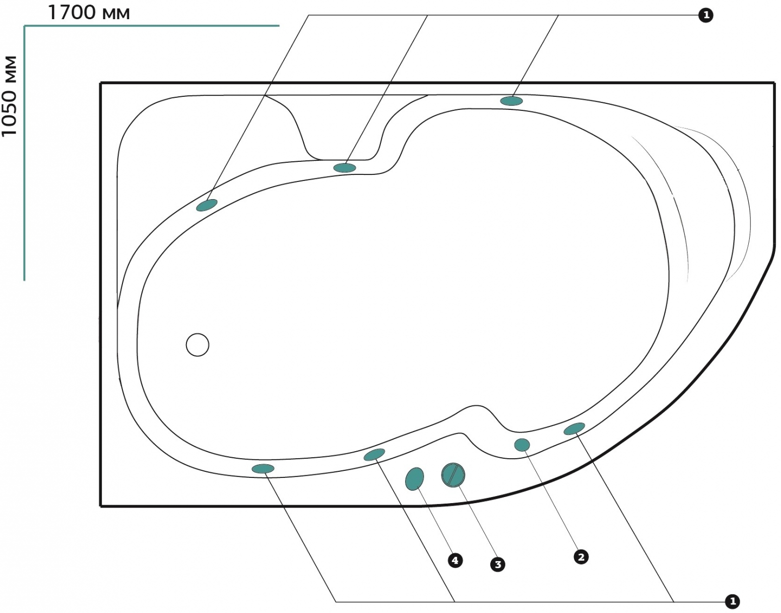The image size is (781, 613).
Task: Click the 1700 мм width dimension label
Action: pos(88,13)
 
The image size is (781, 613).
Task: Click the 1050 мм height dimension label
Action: pos(10,96)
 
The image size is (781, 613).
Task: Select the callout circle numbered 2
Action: pos(581,557)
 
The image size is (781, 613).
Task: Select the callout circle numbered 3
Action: pos(498,565)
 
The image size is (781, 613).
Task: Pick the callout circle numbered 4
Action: pos(455,561)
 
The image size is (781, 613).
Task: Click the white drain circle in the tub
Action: pos(198,345)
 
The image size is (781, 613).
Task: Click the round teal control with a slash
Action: pos(453,475)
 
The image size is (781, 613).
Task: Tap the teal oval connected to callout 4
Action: pos(414,479)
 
